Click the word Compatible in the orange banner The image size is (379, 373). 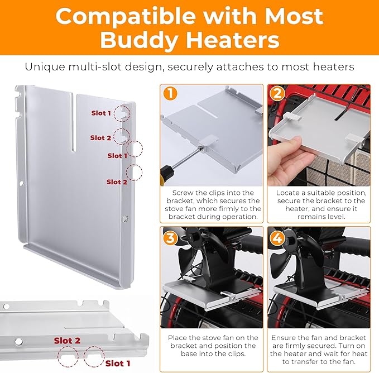coord(126,16)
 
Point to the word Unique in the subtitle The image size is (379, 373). coord(45,67)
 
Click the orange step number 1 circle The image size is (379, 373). coord(170,94)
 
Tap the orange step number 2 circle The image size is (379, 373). coord(277,94)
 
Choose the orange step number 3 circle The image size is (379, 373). coord(170,238)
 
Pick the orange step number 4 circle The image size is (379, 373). coord(277,238)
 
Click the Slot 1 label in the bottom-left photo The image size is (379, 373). coord(118,364)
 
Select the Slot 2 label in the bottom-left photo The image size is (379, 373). coord(67,341)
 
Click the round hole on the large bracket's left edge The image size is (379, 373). coord(21,184)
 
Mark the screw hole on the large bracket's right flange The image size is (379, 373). coord(125,218)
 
